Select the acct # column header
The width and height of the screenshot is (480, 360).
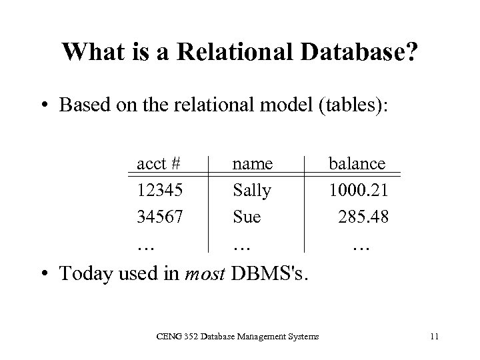click(160, 163)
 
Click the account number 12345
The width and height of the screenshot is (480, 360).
click(160, 191)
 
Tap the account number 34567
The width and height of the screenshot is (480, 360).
click(161, 217)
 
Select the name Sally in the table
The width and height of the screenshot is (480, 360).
click(252, 191)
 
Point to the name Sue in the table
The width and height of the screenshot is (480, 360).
click(247, 217)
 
